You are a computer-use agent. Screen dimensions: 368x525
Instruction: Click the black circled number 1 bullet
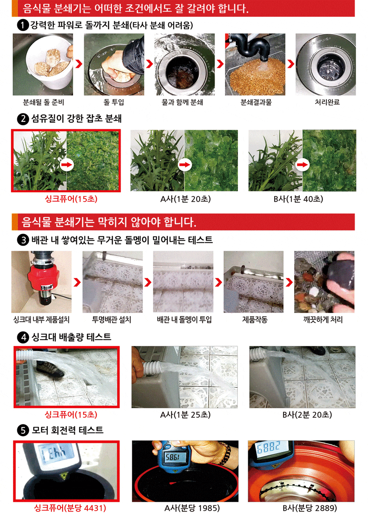[23, 25]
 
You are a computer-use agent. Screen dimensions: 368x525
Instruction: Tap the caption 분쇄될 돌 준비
[43, 102]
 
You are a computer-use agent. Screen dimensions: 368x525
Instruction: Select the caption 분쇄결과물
[256, 102]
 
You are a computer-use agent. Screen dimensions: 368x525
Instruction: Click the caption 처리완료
[327, 102]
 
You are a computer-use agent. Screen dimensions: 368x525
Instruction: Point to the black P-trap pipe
[253, 48]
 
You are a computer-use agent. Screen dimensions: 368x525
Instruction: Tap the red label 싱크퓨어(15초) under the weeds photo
[71, 199]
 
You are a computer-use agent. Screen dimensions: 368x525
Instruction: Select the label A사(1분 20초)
[186, 199]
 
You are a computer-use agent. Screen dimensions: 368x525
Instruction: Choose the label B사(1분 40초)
[298, 199]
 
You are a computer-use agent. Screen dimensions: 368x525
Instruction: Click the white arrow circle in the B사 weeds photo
[302, 165]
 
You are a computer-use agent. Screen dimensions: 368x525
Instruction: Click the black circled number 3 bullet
[23, 240]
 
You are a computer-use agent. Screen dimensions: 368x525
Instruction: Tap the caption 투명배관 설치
[112, 320]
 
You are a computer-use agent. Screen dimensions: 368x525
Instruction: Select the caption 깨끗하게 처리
[323, 320]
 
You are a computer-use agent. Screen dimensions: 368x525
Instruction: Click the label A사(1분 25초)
[185, 415]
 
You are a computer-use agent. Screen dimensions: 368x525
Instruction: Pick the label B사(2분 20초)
[307, 415]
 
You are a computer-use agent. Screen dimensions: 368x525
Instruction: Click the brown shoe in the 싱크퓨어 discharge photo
[50, 369]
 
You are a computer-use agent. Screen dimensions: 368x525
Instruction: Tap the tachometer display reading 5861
[173, 457]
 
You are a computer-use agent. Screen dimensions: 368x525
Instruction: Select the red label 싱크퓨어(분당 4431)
[70, 508]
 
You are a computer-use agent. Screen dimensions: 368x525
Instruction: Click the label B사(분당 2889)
[309, 508]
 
